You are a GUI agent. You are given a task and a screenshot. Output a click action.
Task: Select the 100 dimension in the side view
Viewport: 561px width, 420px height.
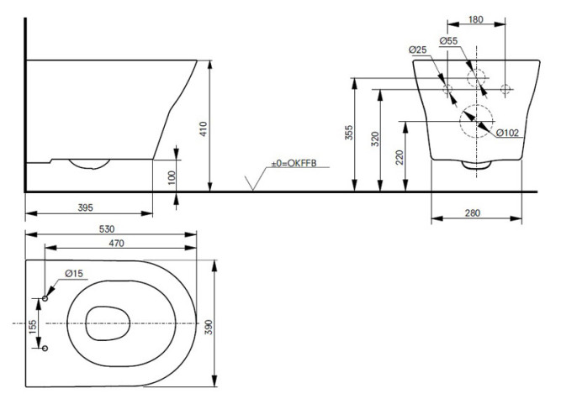[171, 178]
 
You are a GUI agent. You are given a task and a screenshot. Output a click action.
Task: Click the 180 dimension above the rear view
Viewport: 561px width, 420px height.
[476, 20]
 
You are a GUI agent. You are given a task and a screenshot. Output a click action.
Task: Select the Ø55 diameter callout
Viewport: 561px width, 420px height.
[449, 41]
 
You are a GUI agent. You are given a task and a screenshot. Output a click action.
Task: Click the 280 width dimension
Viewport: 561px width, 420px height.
[473, 213]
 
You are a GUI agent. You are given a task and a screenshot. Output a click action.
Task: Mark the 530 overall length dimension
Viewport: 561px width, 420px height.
[106, 228]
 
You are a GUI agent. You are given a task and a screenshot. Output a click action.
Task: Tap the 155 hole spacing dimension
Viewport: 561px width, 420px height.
[32, 324]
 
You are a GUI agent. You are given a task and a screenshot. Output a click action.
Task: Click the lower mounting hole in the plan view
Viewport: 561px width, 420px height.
[45, 348]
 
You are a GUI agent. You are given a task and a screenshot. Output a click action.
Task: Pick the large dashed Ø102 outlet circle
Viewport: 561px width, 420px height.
[474, 120]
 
